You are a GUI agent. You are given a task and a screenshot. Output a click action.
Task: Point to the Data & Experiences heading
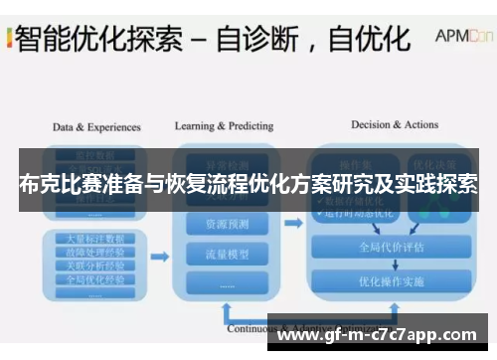tap(96, 127)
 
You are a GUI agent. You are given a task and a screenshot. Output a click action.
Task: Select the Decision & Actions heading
tap(395, 125)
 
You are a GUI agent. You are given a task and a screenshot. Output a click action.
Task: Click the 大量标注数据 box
tap(95, 240)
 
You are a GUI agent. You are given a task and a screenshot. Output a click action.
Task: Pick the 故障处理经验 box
tap(95, 253)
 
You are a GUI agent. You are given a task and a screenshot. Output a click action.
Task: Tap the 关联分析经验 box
tap(95, 266)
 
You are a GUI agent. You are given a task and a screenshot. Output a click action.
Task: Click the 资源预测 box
tap(229, 225)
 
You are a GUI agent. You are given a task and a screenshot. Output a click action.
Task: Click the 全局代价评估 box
tap(392, 248)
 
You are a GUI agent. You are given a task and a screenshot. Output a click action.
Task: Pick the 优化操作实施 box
tap(392, 281)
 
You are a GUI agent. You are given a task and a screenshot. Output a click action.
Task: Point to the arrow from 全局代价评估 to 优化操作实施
tap(392, 265)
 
